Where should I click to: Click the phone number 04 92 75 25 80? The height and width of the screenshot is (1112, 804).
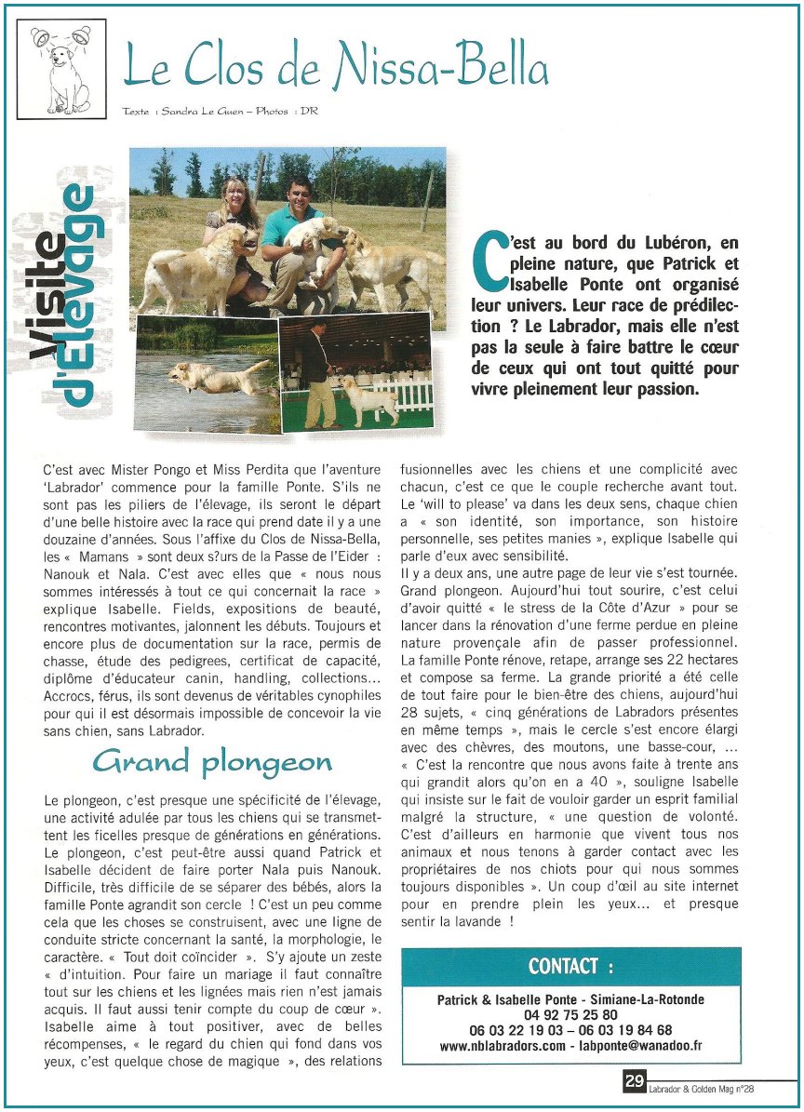570,1015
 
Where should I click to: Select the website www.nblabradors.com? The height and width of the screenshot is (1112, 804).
503,1046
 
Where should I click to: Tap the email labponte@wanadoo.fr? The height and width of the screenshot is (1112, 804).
641,1046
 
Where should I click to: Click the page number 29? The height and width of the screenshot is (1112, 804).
634,1082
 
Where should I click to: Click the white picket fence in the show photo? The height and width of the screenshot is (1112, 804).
405,394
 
